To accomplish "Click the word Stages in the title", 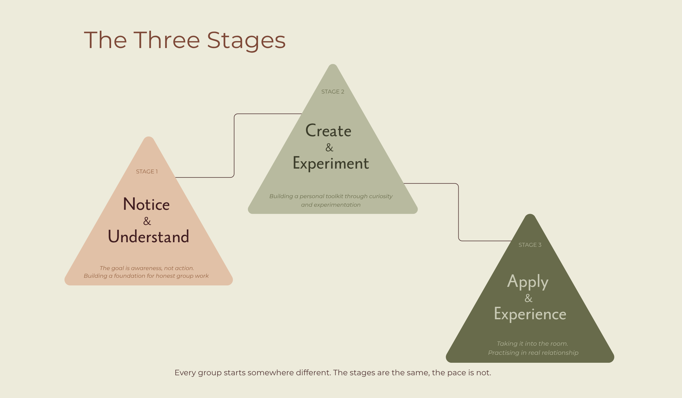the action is click(246, 40).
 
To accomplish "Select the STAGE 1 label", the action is click(147, 171).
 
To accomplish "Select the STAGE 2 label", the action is click(332, 92).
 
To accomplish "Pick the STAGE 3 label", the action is click(530, 245).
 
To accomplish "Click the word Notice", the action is click(146, 204).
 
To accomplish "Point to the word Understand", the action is click(148, 237).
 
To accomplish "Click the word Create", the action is click(328, 130).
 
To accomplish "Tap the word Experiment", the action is click(331, 163).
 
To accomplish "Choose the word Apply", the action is click(528, 281).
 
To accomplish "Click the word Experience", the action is click(530, 314).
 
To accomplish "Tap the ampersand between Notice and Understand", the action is click(147, 221).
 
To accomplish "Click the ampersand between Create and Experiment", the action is click(329, 147).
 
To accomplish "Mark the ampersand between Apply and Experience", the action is click(528, 298).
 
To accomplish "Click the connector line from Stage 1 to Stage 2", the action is click(234, 145).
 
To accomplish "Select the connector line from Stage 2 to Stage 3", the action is click(458, 212).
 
